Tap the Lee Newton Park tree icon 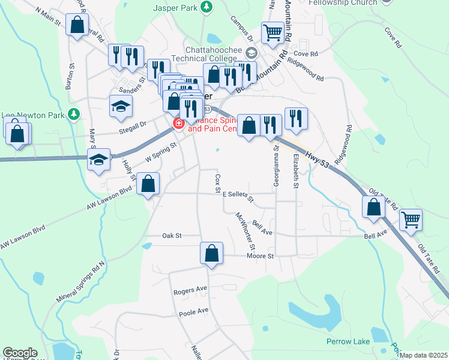coord(73,113)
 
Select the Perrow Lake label coord(345,341)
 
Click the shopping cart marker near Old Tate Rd coord(411,220)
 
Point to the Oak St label coord(172,236)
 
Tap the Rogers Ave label coord(190,290)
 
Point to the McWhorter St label coord(246,231)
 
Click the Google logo coord(20,353)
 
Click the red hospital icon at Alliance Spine coord(178,124)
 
